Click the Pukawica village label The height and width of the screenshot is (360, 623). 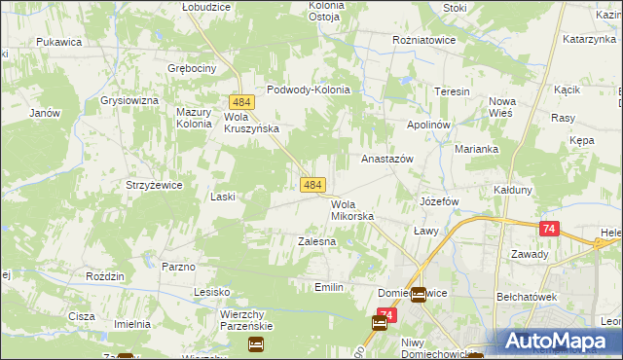pos(57,43)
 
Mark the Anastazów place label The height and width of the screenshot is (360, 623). pos(387,158)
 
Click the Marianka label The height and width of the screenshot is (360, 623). pos(476,149)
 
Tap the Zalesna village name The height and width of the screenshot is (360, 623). pos(316,240)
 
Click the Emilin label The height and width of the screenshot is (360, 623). pos(329,287)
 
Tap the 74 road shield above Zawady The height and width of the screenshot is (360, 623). pos(550,229)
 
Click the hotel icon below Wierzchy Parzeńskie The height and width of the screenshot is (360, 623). pos(255,343)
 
